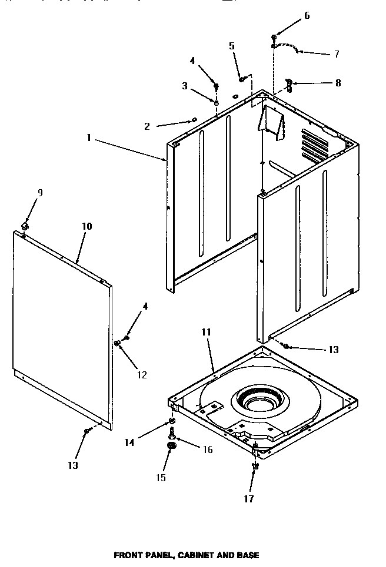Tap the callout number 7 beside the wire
coord(336,54)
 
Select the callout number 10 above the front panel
coord(86,226)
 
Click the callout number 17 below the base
coord(249,499)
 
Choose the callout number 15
coord(161,478)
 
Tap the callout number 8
coord(337,83)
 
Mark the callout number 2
coord(147,126)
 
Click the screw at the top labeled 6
coord(275,37)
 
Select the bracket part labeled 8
coord(288,85)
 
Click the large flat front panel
coord(62,329)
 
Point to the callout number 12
coord(142,375)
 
